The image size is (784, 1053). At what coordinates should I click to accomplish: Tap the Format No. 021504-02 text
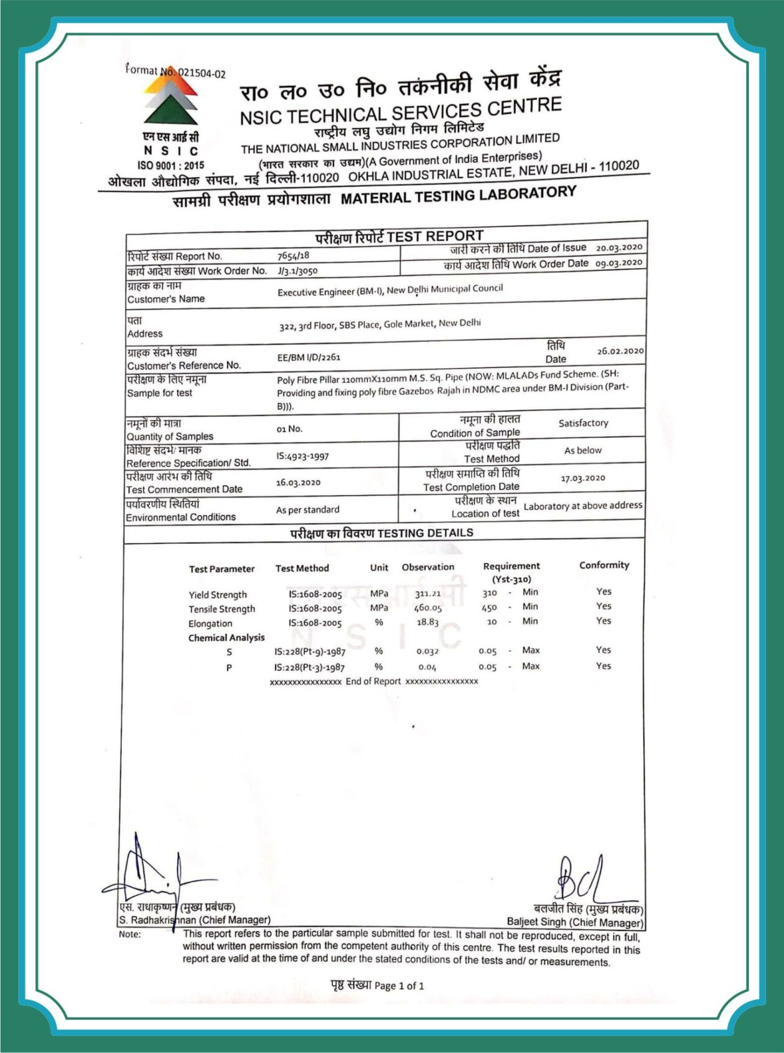click(175, 72)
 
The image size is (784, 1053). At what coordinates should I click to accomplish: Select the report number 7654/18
click(293, 255)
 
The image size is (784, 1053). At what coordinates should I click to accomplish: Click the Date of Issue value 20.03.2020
click(618, 247)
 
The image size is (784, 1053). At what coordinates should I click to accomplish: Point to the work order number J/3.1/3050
click(297, 271)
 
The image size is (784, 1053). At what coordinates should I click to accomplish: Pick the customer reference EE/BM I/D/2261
click(309, 357)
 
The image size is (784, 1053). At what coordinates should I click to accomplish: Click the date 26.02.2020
click(620, 351)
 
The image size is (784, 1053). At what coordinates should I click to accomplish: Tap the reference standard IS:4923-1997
click(302, 456)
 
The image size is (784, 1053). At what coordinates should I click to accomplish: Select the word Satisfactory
click(583, 423)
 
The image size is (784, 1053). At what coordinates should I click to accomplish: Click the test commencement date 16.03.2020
click(298, 483)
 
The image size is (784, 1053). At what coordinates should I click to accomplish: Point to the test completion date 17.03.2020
click(582, 478)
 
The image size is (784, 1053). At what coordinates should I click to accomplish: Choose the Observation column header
click(427, 567)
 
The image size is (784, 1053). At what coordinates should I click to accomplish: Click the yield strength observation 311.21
click(427, 593)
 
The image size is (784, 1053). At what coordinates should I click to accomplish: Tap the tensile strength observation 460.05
click(427, 608)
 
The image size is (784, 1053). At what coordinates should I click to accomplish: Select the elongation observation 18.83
click(427, 622)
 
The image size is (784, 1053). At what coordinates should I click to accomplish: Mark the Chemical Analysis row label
click(226, 638)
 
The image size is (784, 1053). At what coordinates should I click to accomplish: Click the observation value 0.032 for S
click(427, 651)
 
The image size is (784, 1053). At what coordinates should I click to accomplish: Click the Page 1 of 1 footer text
click(377, 985)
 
